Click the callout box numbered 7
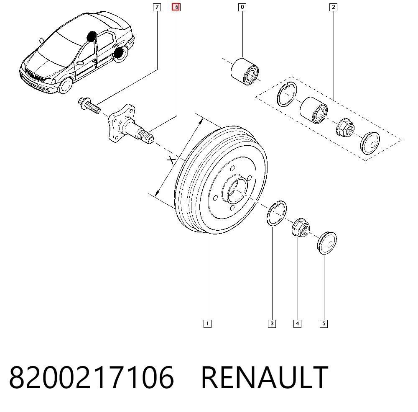(x=157, y=7)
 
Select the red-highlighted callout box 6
(x=176, y=7)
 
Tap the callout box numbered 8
(x=242, y=7)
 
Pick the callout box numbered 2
(x=333, y=7)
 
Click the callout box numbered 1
(x=207, y=324)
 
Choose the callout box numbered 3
(x=272, y=324)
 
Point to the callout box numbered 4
(x=298, y=324)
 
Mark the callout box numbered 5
(x=324, y=324)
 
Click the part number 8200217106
(x=92, y=377)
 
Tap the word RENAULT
(x=265, y=377)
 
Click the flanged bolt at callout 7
(x=89, y=106)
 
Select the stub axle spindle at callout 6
(x=130, y=124)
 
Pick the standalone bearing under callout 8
(x=245, y=71)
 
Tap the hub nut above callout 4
(x=301, y=227)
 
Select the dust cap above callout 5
(x=327, y=243)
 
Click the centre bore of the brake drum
(x=236, y=190)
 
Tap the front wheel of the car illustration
(x=65, y=85)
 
